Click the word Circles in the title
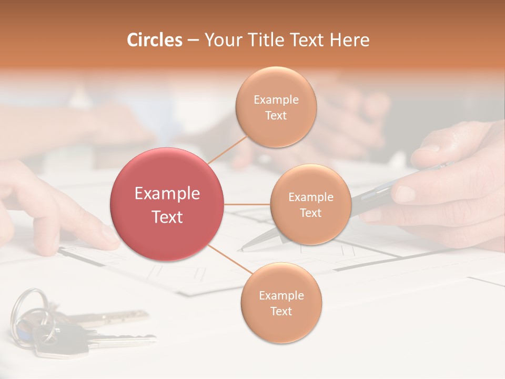click(154, 40)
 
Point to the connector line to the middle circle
click(247, 204)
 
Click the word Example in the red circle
click(167, 194)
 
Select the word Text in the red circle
click(167, 217)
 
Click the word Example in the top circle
click(276, 99)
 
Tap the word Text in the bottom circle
click(281, 311)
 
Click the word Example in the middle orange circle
click(310, 197)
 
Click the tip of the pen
click(240, 250)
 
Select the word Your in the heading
click(221, 40)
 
